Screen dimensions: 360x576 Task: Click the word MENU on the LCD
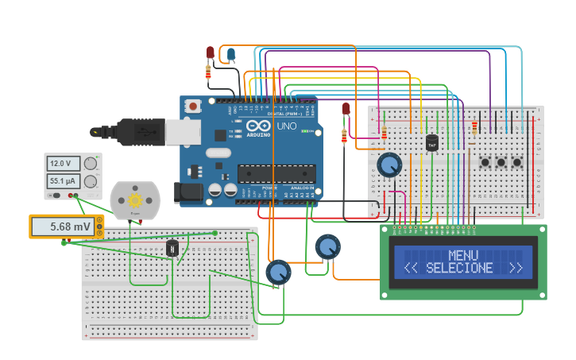click(463, 255)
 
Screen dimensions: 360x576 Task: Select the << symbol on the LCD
click(411, 268)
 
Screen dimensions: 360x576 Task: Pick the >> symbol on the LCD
click(516, 268)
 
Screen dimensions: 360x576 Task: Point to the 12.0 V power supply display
click(60, 164)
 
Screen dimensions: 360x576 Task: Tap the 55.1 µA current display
click(60, 181)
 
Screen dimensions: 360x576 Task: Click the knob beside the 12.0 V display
click(91, 164)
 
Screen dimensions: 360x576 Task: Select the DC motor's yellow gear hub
click(135, 199)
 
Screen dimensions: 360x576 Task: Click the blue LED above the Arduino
click(231, 54)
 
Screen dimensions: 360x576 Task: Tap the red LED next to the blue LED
click(210, 52)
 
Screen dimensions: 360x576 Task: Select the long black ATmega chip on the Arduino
click(276, 173)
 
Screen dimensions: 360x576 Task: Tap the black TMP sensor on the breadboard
click(432, 143)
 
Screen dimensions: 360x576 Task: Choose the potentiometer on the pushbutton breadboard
click(389, 165)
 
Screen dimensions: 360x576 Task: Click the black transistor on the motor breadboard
click(172, 249)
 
